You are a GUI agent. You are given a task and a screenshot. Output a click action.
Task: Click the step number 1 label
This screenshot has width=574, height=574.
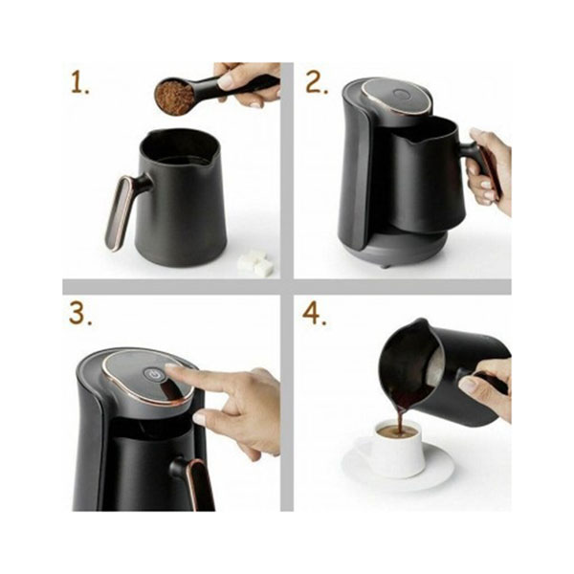pyautogui.click(x=79, y=82)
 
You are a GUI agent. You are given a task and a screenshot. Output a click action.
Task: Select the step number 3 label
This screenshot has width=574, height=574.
pyautogui.click(x=80, y=314)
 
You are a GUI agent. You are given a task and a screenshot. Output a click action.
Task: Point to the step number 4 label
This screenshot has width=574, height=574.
pyautogui.click(x=314, y=314)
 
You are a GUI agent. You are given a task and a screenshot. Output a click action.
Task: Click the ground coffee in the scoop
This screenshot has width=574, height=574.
pyautogui.click(x=175, y=97)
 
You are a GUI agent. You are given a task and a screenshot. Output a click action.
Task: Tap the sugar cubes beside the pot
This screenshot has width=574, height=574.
pyautogui.click(x=255, y=263)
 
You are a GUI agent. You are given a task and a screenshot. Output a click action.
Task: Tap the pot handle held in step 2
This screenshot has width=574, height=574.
pyautogui.click(x=482, y=167)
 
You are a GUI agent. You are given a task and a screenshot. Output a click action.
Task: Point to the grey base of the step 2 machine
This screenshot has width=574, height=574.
pyautogui.click(x=407, y=249)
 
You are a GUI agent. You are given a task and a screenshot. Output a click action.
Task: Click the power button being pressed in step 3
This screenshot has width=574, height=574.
pyautogui.click(x=151, y=374)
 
